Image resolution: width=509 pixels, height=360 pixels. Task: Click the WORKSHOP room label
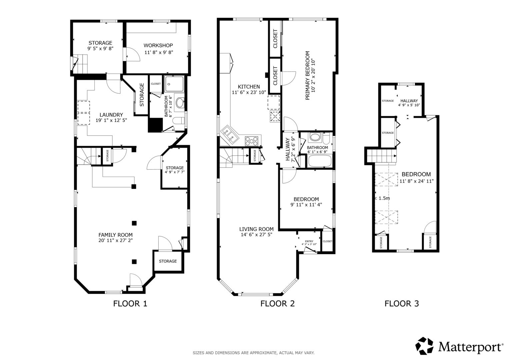158,45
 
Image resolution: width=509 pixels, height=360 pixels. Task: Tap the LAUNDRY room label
111,115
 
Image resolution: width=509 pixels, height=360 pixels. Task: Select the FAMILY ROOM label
115,235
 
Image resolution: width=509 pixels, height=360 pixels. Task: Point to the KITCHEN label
249,87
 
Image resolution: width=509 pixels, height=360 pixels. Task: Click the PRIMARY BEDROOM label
307,75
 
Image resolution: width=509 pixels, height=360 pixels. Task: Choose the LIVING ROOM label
256,229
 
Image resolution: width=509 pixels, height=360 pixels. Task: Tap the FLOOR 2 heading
277,304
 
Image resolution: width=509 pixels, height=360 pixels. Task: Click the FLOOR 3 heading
402,304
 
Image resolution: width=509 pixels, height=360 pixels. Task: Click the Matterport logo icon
424,346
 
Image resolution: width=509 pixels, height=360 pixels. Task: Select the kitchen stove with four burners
251,141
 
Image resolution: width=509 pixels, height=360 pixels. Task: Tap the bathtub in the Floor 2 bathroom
320,161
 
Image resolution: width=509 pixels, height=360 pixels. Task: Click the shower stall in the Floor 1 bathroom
174,84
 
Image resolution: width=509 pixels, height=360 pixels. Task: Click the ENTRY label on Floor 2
309,241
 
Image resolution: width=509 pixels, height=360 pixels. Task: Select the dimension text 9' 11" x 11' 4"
306,205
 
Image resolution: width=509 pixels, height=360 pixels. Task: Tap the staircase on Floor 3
382,156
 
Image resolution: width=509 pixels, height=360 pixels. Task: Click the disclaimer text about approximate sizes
254,353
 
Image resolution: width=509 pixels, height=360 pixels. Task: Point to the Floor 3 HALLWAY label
409,101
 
